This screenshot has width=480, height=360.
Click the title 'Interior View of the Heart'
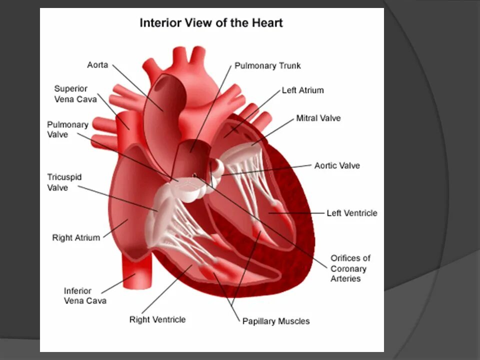210,23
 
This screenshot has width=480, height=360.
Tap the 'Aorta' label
97,65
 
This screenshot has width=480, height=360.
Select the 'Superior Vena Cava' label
75,94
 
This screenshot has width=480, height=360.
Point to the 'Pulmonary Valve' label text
67,129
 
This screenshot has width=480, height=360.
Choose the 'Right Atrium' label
76,238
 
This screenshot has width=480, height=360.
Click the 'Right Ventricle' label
157,319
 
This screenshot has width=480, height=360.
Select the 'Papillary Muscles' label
276,321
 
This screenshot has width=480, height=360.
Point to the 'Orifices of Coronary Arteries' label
350,268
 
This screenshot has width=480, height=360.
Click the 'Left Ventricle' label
352,213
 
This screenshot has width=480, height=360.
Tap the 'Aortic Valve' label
337,165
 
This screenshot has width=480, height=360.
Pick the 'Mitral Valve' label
318,118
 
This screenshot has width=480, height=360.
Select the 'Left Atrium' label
302,90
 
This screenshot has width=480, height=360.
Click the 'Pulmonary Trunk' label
267,66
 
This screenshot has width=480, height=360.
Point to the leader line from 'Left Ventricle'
300,213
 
